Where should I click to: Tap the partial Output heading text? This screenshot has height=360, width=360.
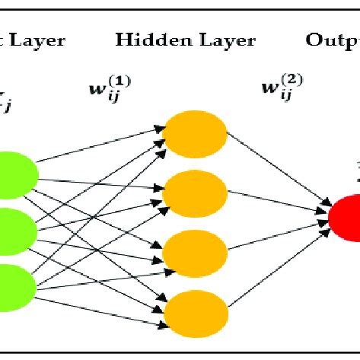tap(332, 40)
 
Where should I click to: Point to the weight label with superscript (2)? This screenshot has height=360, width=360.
tap(278, 91)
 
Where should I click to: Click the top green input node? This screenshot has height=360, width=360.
tap(14, 170)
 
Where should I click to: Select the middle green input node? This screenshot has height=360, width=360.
tap(14, 228)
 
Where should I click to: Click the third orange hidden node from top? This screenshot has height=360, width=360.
tap(196, 250)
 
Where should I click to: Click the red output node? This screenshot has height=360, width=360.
tap(346, 217)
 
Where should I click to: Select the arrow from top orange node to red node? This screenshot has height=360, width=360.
tap(278, 172)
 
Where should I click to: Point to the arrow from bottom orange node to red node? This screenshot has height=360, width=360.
tap(278, 266)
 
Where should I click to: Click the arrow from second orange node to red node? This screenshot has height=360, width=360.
tap(278, 202)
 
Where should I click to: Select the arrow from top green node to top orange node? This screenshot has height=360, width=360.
tap(99, 145)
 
